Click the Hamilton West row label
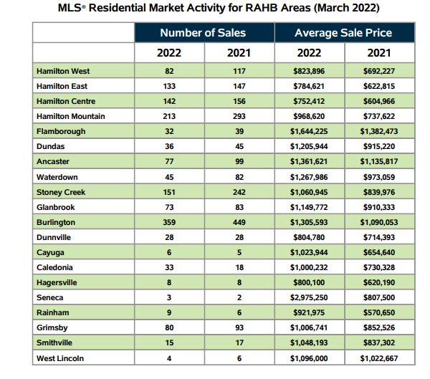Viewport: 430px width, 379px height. tap(63, 72)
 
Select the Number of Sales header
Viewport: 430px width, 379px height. tap(203, 33)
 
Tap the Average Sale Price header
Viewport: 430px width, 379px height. tap(344, 33)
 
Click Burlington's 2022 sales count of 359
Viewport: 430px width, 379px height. tap(169, 222)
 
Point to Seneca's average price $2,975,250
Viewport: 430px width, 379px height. tap(310, 297)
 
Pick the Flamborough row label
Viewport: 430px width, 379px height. tap(61, 132)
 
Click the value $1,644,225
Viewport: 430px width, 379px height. tap(310, 132)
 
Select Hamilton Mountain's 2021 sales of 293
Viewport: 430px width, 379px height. tap(239, 117)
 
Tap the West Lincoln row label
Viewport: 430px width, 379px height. tap(60, 358)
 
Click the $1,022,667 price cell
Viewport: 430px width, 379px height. tap(380, 358)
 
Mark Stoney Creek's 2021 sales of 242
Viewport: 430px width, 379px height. tap(239, 192)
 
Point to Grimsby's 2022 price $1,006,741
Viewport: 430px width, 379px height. tap(310, 327)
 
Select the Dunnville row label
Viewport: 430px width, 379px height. tap(56, 237)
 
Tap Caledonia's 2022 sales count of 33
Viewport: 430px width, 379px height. tap(169, 267)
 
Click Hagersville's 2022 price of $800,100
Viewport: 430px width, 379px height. tap(310, 282)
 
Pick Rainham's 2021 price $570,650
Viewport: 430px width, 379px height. tap(380, 312)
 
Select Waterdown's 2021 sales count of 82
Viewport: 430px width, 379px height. tap(239, 177)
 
